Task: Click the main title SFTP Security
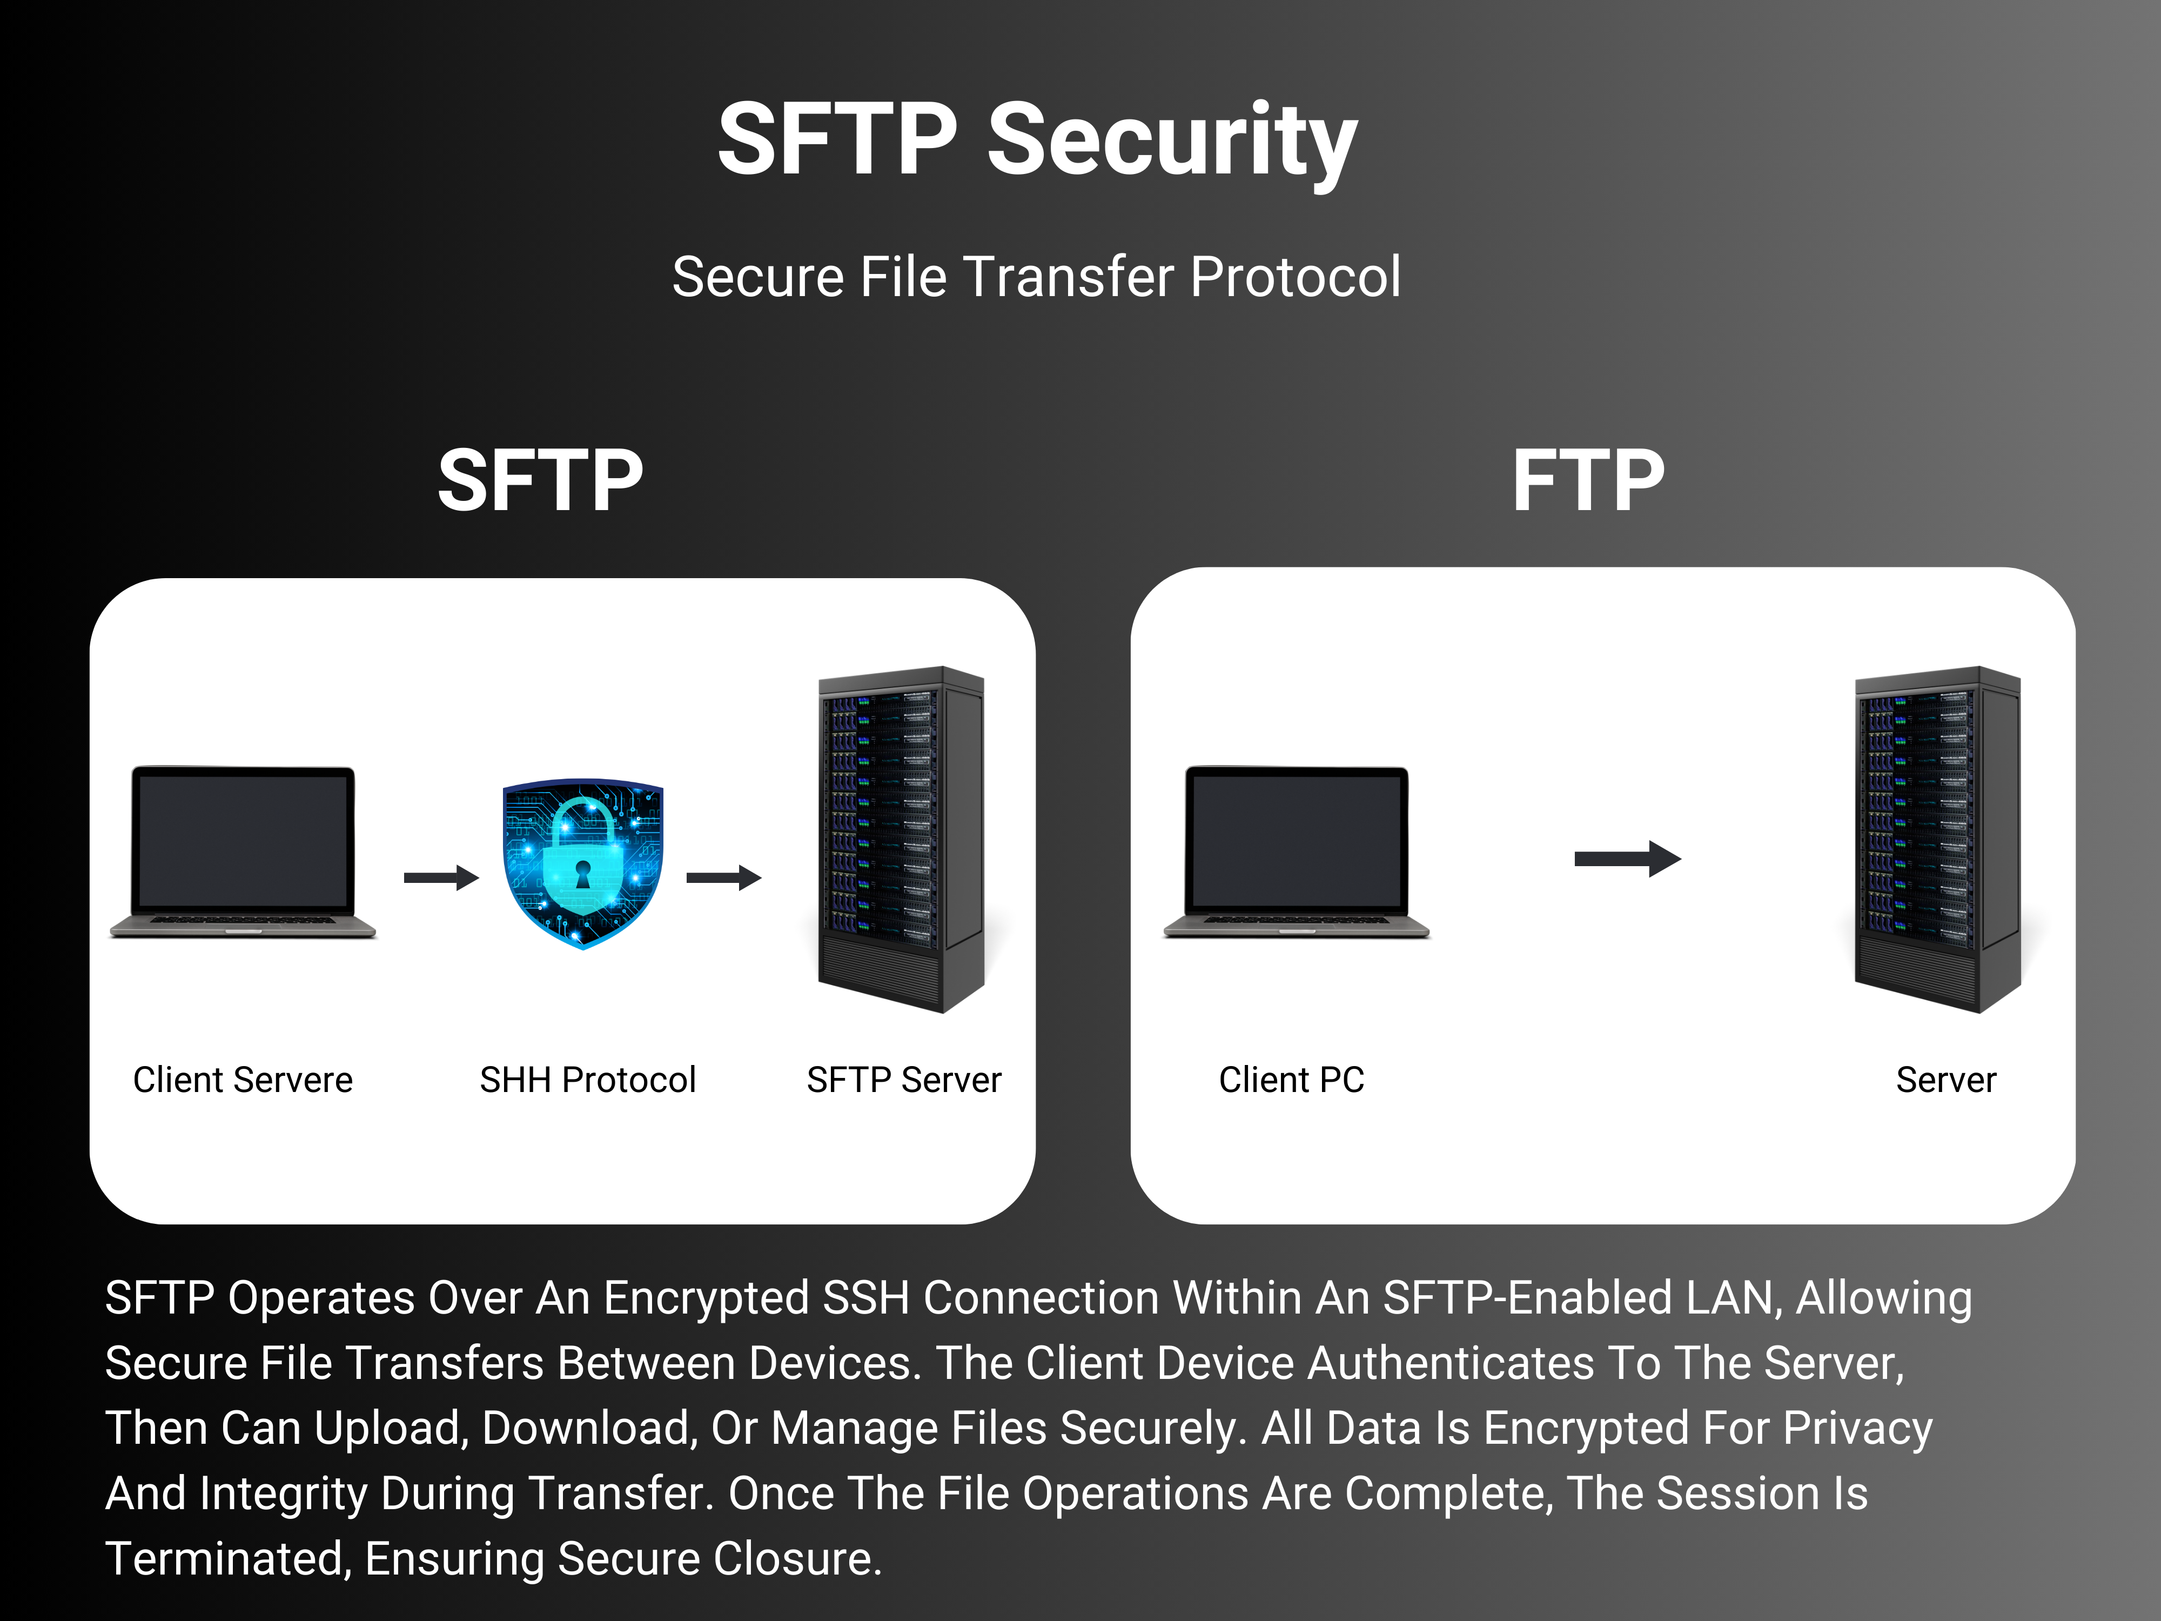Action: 1037,142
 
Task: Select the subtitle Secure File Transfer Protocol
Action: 1037,277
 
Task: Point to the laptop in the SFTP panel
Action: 243,852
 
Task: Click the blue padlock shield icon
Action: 583,864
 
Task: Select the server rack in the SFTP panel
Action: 901,840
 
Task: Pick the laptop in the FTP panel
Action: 1297,852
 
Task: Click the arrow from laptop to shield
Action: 441,878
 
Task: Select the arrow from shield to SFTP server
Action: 724,878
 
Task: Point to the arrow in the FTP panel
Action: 1628,859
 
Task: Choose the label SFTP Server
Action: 904,1080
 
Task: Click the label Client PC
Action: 1292,1080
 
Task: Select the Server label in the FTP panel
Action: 1946,1080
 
